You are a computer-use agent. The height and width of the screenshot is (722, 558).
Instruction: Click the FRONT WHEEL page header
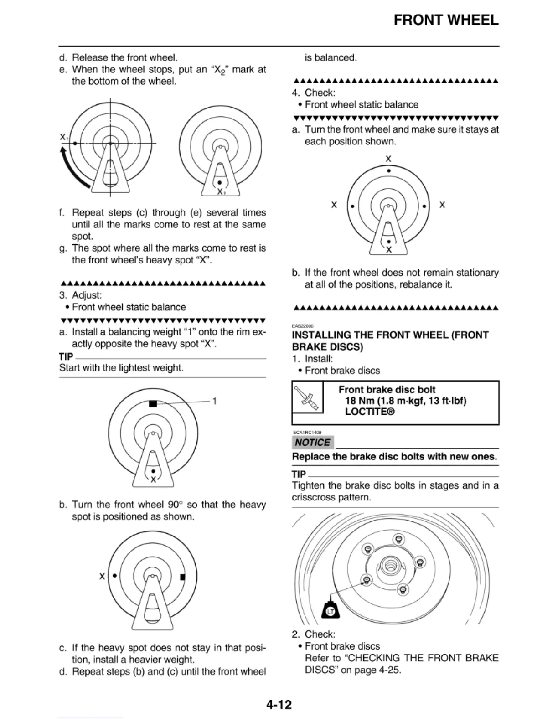pos(446,20)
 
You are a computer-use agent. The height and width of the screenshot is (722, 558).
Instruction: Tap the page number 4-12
pos(279,705)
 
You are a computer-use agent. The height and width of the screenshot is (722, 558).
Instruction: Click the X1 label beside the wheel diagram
pos(64,137)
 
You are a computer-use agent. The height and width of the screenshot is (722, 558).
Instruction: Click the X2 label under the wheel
pos(221,192)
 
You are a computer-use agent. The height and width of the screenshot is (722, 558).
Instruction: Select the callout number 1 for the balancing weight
pos(214,401)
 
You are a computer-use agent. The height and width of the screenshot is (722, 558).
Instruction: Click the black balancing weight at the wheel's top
pos(153,403)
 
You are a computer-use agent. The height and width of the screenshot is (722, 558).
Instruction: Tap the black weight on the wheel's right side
pos(183,577)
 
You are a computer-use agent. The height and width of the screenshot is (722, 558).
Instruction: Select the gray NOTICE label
pos(312,443)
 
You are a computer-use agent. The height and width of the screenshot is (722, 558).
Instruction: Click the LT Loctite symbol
pos(331,611)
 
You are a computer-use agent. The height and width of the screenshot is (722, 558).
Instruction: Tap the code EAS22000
pos(302,326)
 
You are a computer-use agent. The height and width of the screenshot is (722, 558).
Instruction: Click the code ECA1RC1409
pos(307,433)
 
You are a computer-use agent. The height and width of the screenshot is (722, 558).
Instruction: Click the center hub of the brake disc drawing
pos(390,565)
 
